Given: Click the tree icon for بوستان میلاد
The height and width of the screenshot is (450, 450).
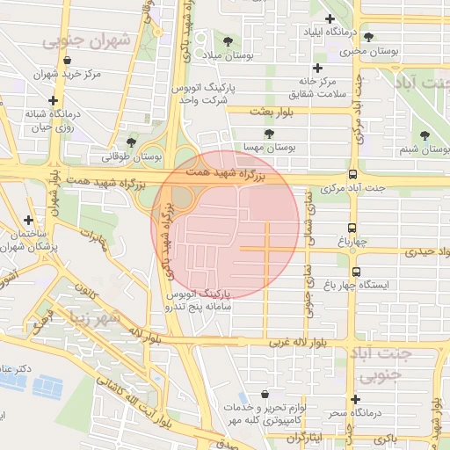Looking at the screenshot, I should pyautogui.click(x=229, y=41).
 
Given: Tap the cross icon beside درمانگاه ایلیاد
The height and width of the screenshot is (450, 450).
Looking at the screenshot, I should pyautogui.click(x=330, y=18).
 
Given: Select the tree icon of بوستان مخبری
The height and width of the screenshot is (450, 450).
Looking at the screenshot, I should pyautogui.click(x=368, y=37).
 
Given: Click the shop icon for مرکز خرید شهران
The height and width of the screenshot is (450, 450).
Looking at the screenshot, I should pyautogui.click(x=67, y=60).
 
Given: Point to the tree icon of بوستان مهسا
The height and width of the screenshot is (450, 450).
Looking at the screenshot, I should pyautogui.click(x=268, y=134).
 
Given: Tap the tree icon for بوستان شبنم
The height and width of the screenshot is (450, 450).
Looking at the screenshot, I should pyautogui.click(x=425, y=135).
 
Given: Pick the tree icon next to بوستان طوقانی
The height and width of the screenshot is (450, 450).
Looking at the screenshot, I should pyautogui.click(x=132, y=142).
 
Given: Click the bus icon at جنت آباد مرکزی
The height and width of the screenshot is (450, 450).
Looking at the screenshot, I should pyautogui.click(x=352, y=174).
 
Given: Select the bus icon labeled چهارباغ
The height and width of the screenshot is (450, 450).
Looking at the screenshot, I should pyautogui.click(x=353, y=227).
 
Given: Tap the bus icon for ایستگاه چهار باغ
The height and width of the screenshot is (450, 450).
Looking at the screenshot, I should pyautogui.click(x=356, y=272).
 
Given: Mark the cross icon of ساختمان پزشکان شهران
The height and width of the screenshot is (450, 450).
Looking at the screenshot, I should pyautogui.click(x=29, y=220).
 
